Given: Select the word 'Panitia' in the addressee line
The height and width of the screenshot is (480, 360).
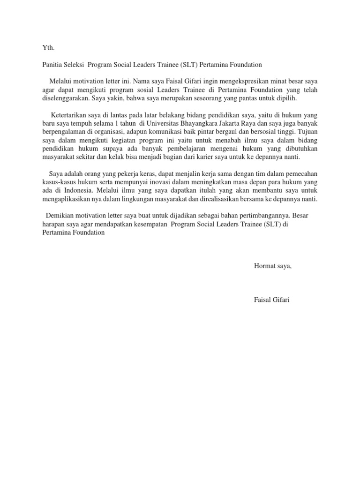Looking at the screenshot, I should coord(52,64).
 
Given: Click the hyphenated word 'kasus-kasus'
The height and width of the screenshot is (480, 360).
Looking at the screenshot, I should coord(57,182).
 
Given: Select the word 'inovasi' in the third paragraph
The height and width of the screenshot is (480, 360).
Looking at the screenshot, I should coord(151,182).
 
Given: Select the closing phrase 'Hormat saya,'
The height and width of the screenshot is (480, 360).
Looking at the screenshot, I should coord(272,266).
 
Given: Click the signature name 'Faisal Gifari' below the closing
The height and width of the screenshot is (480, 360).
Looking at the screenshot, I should coord(272,300).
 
